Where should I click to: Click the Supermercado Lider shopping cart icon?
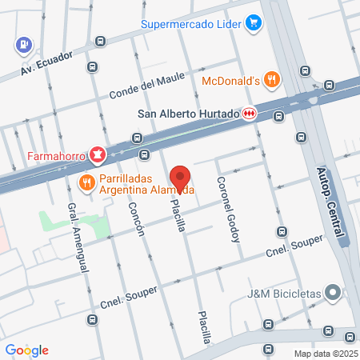(254, 22)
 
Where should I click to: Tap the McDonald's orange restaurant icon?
(273, 79)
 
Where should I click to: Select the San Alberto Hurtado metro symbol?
(250, 114)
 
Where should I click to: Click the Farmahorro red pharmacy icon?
(97, 154)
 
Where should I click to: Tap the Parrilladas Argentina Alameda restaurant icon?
(86, 185)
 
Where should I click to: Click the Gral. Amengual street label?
(78, 238)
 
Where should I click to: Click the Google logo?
(26, 350)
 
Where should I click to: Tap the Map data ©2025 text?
(325, 353)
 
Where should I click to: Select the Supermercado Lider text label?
(192, 23)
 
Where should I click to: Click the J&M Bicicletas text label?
(284, 294)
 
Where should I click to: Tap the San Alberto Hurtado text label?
(189, 114)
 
